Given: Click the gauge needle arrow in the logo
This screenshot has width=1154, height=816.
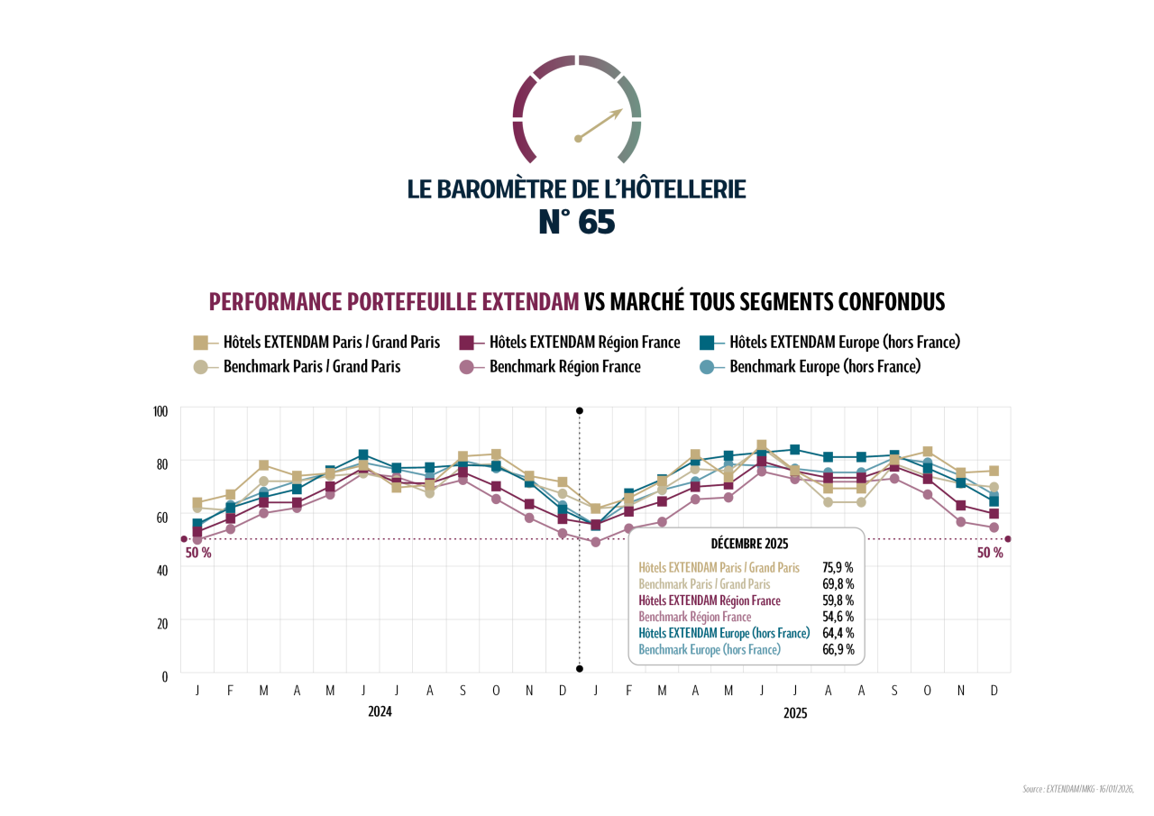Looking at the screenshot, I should pyautogui.click(x=600, y=124).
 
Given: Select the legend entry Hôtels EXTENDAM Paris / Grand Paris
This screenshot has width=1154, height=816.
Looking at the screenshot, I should pyautogui.click(x=331, y=343).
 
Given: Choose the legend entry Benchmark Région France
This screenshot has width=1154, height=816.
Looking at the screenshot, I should pyautogui.click(x=564, y=367).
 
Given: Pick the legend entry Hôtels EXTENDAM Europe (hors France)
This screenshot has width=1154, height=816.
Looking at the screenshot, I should pyautogui.click(x=844, y=343).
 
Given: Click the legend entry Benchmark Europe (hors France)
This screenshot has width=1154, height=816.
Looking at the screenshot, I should pyautogui.click(x=824, y=367).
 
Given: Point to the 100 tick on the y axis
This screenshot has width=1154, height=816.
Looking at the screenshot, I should pyautogui.click(x=160, y=411).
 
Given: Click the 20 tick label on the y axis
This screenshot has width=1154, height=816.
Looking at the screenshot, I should pyautogui.click(x=162, y=623).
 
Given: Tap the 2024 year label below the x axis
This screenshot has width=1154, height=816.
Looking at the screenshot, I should pyautogui.click(x=380, y=711).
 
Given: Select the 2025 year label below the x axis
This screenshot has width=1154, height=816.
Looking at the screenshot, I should pyautogui.click(x=795, y=713).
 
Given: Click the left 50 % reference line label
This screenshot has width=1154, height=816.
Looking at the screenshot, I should pyautogui.click(x=198, y=553).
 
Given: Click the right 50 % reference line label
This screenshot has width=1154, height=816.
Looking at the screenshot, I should pyautogui.click(x=990, y=553).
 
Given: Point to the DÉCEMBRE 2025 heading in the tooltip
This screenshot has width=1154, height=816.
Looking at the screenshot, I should pyautogui.click(x=749, y=544).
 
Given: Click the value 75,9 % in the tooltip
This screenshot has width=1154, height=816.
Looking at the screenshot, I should pyautogui.click(x=838, y=568).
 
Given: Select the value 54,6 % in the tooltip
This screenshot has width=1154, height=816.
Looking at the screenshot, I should pyautogui.click(x=838, y=617).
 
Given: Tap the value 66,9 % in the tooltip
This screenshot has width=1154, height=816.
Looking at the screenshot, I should pyautogui.click(x=838, y=649).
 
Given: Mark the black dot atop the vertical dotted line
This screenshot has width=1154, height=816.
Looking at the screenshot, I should pyautogui.click(x=580, y=411).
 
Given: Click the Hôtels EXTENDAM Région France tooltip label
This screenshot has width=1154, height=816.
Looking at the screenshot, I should pyautogui.click(x=710, y=601).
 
